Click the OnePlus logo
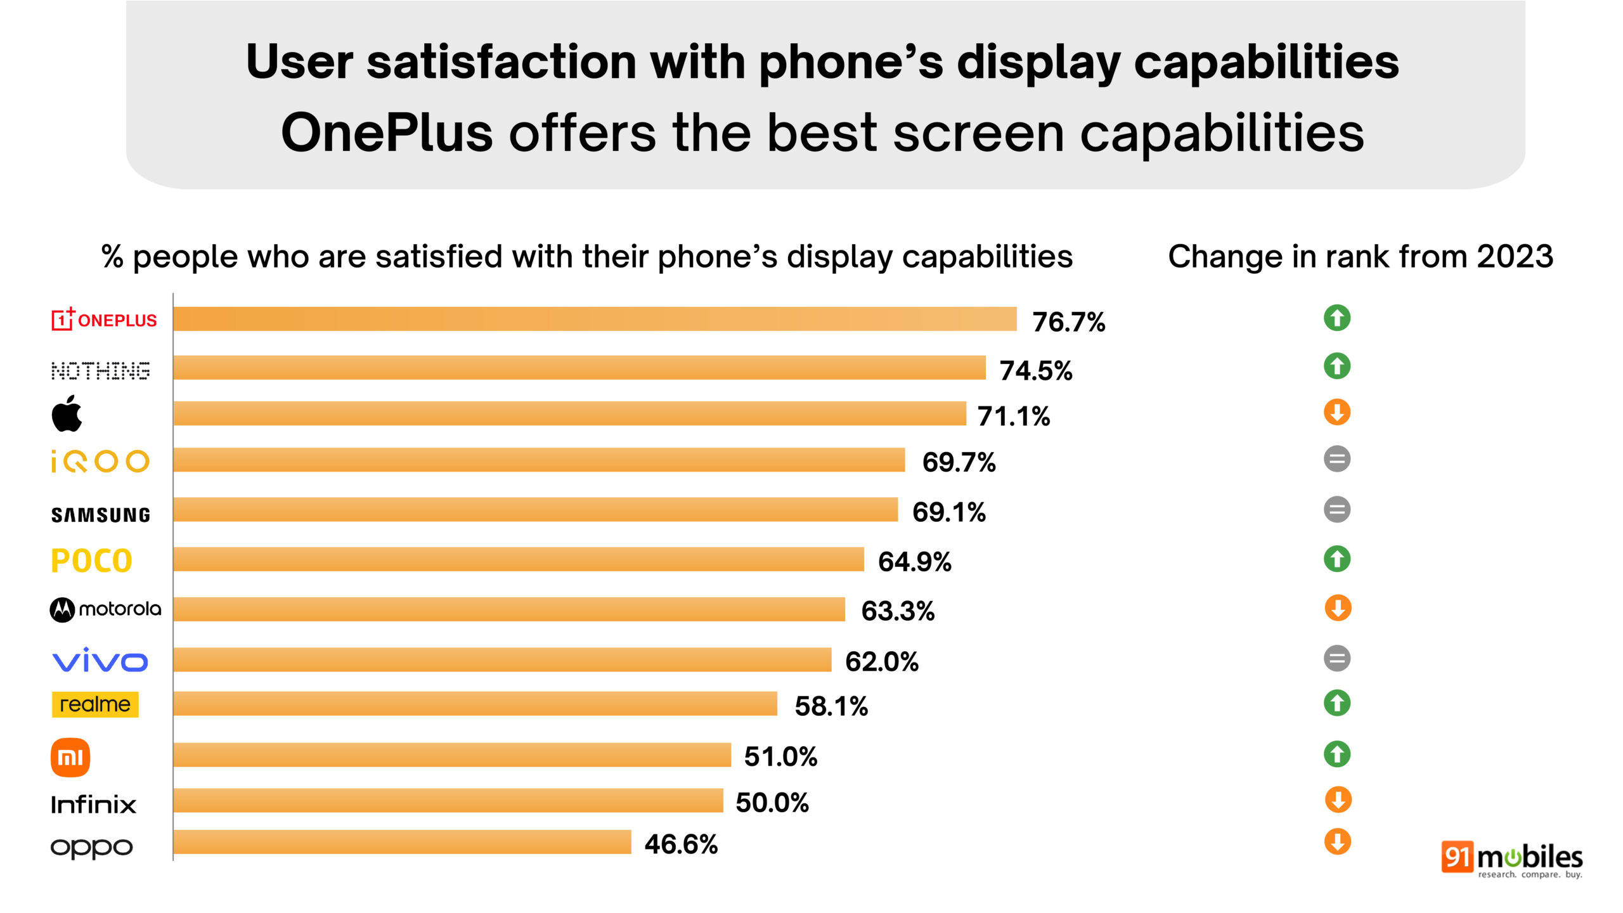point(104,319)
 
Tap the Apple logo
point(67,414)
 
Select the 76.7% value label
point(1068,322)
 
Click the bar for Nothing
point(579,368)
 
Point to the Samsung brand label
point(101,515)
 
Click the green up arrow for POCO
point(1337,559)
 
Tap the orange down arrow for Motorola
point(1338,609)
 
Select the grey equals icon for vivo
point(1337,658)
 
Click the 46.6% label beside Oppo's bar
point(681,845)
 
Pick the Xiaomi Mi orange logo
point(70,757)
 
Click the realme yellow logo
point(95,704)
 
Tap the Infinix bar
point(448,801)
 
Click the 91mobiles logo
point(1511,859)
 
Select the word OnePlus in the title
point(387,133)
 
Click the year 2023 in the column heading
point(1515,257)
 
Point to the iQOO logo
point(100,462)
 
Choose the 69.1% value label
point(948,512)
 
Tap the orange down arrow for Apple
point(1337,412)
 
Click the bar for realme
point(475,704)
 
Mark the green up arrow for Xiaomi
point(1337,754)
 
